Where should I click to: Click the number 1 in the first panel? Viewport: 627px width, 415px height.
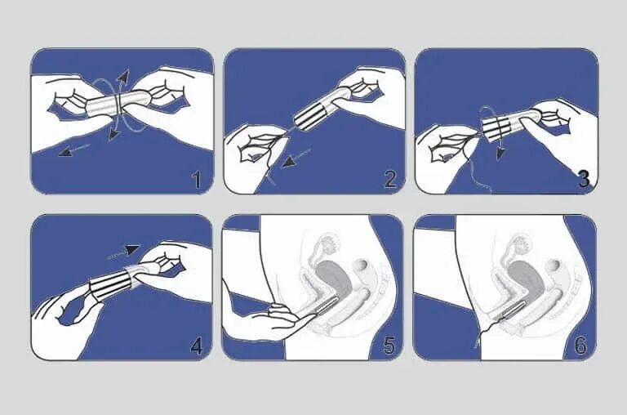[x=197, y=180]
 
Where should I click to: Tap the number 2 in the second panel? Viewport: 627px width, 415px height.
[x=390, y=179]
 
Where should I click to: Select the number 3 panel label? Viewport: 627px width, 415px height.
[x=584, y=179]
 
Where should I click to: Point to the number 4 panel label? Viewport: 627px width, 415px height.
[x=196, y=346]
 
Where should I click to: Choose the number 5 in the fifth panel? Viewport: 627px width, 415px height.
[x=389, y=346]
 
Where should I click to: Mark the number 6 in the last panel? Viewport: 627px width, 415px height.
[x=580, y=346]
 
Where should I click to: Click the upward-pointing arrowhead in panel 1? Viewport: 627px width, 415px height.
[x=125, y=75]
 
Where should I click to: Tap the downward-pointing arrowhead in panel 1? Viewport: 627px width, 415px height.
[x=113, y=135]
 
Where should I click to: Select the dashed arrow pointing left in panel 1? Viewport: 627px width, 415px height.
[x=74, y=149]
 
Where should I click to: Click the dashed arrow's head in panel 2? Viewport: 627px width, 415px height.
[x=289, y=161]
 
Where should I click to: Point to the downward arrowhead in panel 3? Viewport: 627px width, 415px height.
[x=500, y=154]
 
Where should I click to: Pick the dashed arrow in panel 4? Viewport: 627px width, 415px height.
[x=123, y=252]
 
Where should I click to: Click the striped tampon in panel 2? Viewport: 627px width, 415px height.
[x=310, y=118]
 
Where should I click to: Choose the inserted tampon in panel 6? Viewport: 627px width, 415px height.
[x=513, y=310]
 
